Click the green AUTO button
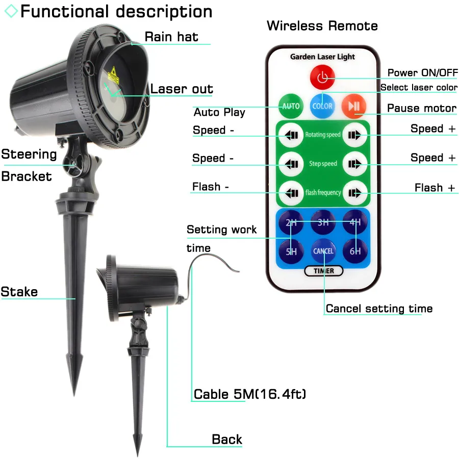pyautogui.click(x=290, y=106)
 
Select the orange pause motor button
pyautogui.click(x=354, y=106)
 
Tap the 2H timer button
pyautogui.click(x=291, y=222)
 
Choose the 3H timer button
pyautogui.click(x=323, y=222)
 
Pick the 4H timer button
pyautogui.click(x=354, y=222)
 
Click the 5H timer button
pyautogui.click(x=291, y=250)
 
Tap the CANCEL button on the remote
pyautogui.click(x=323, y=250)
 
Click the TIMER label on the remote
pyautogui.click(x=323, y=271)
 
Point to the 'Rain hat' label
pyautogui.click(x=171, y=37)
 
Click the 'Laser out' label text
pyautogui.click(x=181, y=89)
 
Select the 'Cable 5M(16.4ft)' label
pyautogui.click(x=250, y=394)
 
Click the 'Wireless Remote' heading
pyautogui.click(x=322, y=25)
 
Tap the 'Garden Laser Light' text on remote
pyautogui.click(x=322, y=57)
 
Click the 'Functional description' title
pyautogui.click(x=116, y=11)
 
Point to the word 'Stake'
pyautogui.click(x=19, y=292)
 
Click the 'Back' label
pyautogui.click(x=227, y=439)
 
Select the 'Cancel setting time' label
pyautogui.click(x=379, y=309)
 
